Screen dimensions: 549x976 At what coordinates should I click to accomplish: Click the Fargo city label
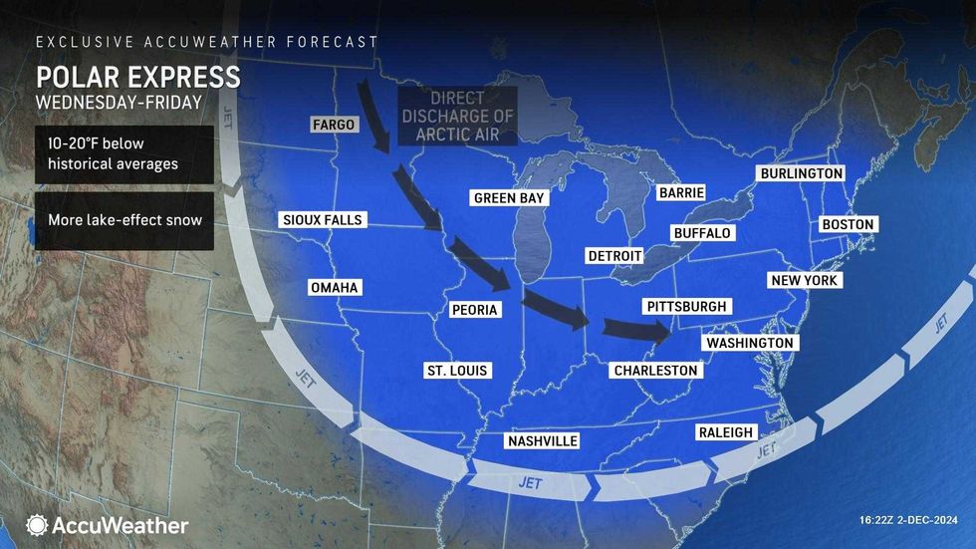331,126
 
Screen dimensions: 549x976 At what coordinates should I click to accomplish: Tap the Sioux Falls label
323,219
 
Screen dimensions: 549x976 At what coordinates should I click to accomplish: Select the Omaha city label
334,288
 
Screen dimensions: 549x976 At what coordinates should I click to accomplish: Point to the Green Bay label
508,198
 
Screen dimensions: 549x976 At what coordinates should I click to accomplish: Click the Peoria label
474,310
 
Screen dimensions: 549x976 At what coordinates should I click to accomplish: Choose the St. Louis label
457,371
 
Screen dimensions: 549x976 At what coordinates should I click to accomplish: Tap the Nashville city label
542,441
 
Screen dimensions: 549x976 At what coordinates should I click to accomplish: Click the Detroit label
614,256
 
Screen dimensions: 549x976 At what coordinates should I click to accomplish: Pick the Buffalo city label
702,233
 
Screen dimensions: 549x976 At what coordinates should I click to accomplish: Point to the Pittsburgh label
686,307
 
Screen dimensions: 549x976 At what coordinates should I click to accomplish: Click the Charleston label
655,371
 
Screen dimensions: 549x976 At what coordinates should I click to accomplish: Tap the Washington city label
750,343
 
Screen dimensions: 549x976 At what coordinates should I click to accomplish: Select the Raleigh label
726,432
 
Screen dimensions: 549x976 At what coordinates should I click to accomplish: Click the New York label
805,281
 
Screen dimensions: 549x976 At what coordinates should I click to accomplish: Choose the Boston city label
848,225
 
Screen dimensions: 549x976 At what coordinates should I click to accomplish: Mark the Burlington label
801,173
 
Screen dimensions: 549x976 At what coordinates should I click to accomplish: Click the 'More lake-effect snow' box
124,217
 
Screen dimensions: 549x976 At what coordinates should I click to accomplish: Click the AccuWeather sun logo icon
38,525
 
